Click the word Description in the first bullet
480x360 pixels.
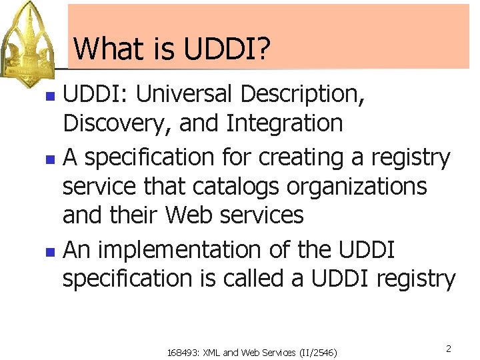[x=302, y=94]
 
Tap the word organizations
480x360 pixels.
[x=357, y=186]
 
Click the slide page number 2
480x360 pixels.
[x=449, y=349]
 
